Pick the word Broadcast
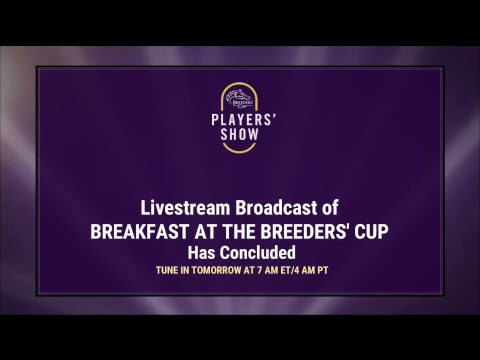tap(277, 208)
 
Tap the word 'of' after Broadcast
tap(331, 208)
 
